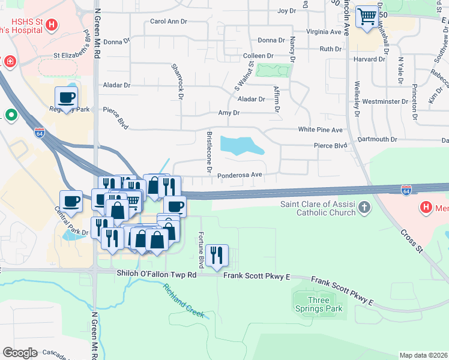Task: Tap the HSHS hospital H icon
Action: pyautogui.click(x=52, y=25)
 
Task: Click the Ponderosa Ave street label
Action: pyautogui.click(x=240, y=175)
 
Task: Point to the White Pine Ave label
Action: pyautogui.click(x=320, y=130)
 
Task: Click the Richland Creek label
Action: pyautogui.click(x=184, y=301)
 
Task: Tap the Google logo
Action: pyautogui.click(x=20, y=352)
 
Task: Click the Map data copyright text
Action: pyautogui.click(x=423, y=355)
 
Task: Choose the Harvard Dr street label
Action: pyautogui.click(x=369, y=59)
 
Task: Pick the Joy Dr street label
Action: pyautogui.click(x=287, y=11)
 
